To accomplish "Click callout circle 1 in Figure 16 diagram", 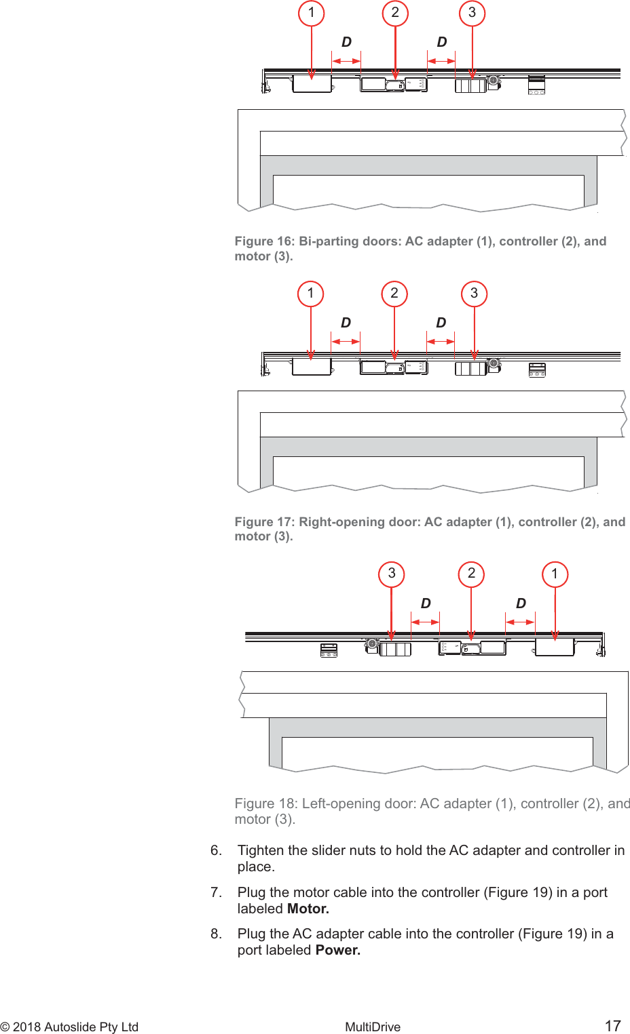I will [312, 13].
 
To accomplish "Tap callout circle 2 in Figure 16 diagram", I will [395, 13].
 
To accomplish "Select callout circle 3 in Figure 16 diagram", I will [472, 13].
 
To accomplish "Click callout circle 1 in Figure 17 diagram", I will [311, 294].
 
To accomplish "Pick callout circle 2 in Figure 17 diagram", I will [394, 294].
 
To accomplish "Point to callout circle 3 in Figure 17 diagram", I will [475, 294].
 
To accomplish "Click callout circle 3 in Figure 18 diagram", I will [392, 574].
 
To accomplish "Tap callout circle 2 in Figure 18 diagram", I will [472, 574].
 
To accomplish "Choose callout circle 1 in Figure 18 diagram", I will [555, 574].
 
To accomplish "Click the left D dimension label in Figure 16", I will [346, 43].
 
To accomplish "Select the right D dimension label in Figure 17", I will [441, 323].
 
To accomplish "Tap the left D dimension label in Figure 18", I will [426, 603].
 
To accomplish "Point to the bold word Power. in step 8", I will [338, 950].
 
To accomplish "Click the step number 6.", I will [216, 850].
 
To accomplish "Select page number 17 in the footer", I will [612, 1026].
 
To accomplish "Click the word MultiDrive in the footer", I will [373, 1027].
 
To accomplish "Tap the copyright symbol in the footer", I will [5, 1027].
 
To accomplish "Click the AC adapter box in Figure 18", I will [555, 647].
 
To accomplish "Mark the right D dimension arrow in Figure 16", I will [441, 62].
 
